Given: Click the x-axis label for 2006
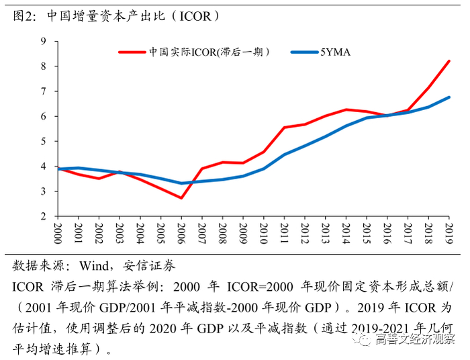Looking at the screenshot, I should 181,236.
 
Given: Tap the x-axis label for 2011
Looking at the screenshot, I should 284,236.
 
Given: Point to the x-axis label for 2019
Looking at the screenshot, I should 449,236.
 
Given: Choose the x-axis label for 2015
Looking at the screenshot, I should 367,236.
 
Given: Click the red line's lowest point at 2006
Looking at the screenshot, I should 181,197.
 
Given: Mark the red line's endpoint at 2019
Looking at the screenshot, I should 449,61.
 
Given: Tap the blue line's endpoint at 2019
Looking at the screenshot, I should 449,97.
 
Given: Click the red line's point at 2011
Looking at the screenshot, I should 284,128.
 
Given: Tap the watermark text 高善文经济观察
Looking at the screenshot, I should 416,341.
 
